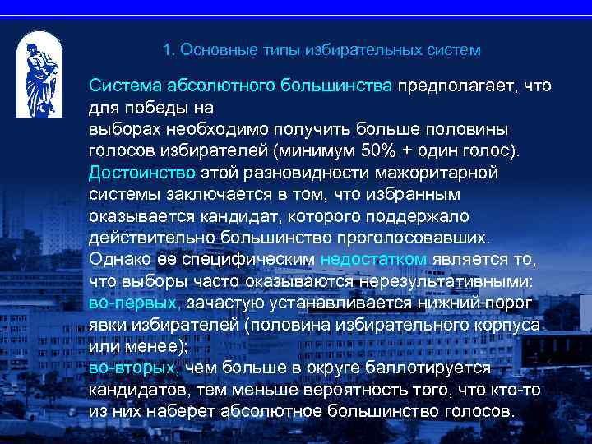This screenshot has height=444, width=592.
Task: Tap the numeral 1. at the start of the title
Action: [169, 50]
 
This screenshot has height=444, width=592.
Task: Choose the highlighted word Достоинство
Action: [142, 173]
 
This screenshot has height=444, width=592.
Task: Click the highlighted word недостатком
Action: [374, 259]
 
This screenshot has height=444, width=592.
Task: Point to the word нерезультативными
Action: [451, 281]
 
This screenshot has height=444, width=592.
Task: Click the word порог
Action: [511, 303]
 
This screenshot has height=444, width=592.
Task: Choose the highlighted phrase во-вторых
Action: [132, 368]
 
